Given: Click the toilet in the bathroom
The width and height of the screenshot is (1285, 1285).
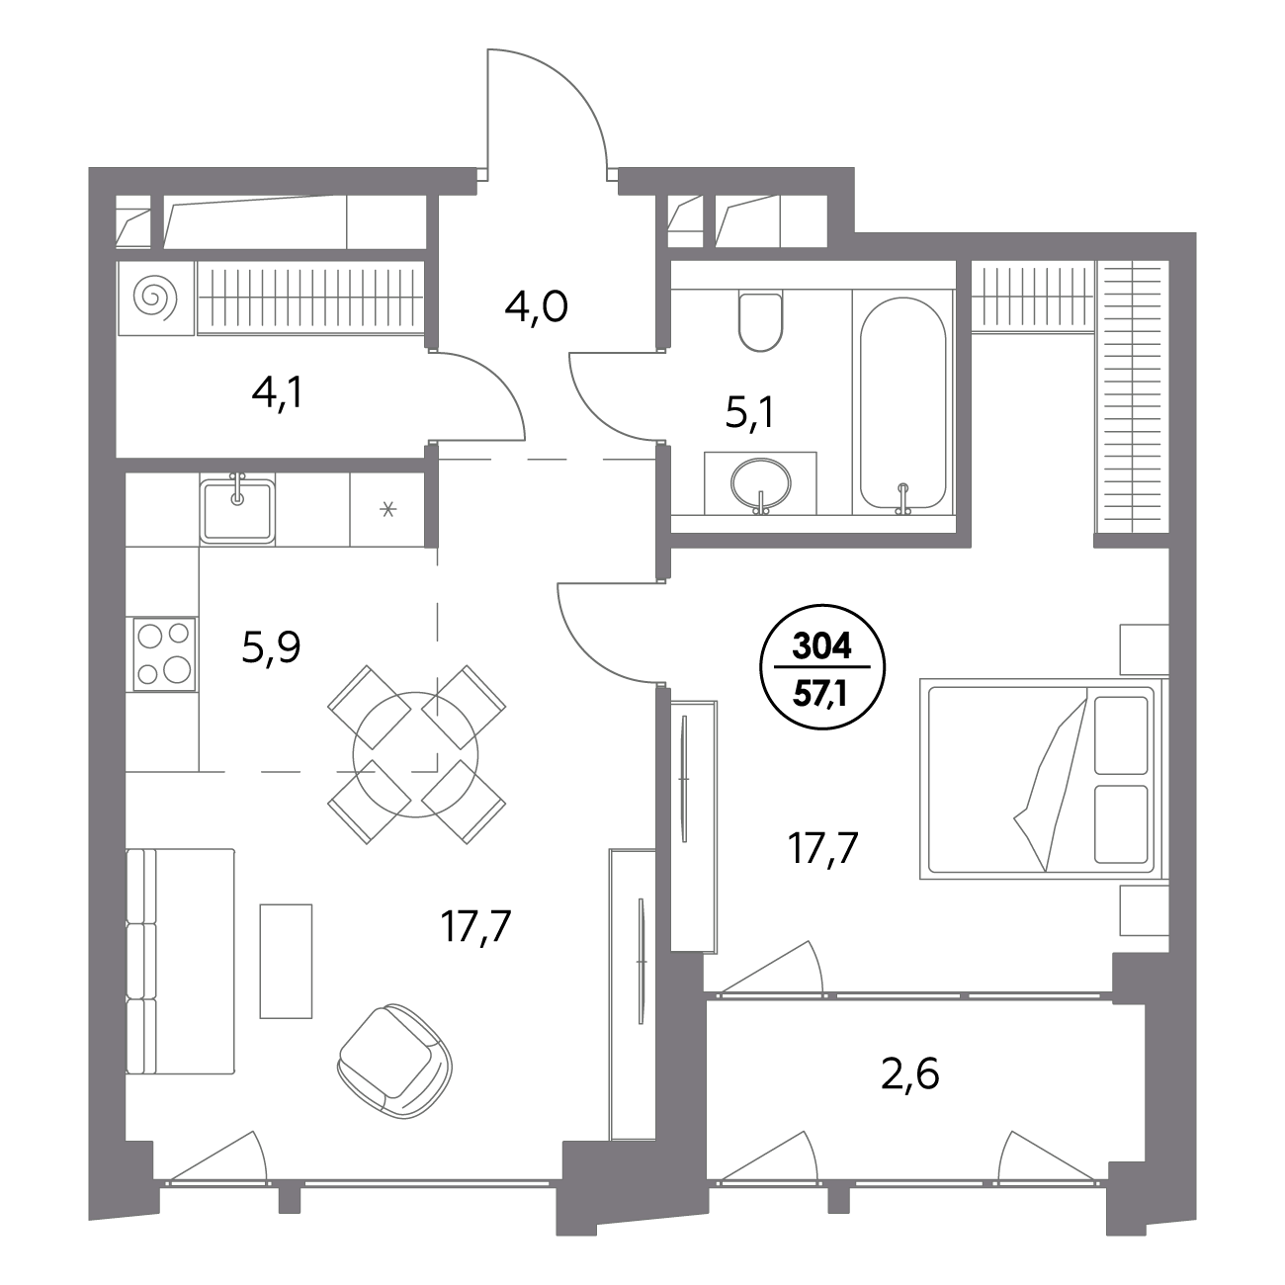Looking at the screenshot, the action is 760,322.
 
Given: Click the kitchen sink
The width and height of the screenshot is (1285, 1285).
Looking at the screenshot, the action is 237,509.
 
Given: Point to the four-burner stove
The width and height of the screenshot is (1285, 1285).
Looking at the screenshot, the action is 165,653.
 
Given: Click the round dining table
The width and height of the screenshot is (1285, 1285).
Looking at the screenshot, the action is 415,754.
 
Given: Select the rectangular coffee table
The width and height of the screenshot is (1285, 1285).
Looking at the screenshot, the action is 286,961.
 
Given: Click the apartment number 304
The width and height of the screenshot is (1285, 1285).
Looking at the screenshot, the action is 822,646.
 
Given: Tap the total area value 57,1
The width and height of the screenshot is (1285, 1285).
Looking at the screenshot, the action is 820,696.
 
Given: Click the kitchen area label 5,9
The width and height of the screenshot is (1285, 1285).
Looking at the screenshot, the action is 272,648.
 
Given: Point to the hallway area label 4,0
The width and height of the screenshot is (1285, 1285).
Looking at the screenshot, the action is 537,308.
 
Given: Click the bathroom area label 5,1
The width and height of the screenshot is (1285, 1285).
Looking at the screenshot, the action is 749,416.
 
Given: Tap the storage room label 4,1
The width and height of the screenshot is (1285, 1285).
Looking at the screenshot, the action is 278,394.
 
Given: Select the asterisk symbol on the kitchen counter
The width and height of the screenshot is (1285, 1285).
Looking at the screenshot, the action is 388,510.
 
